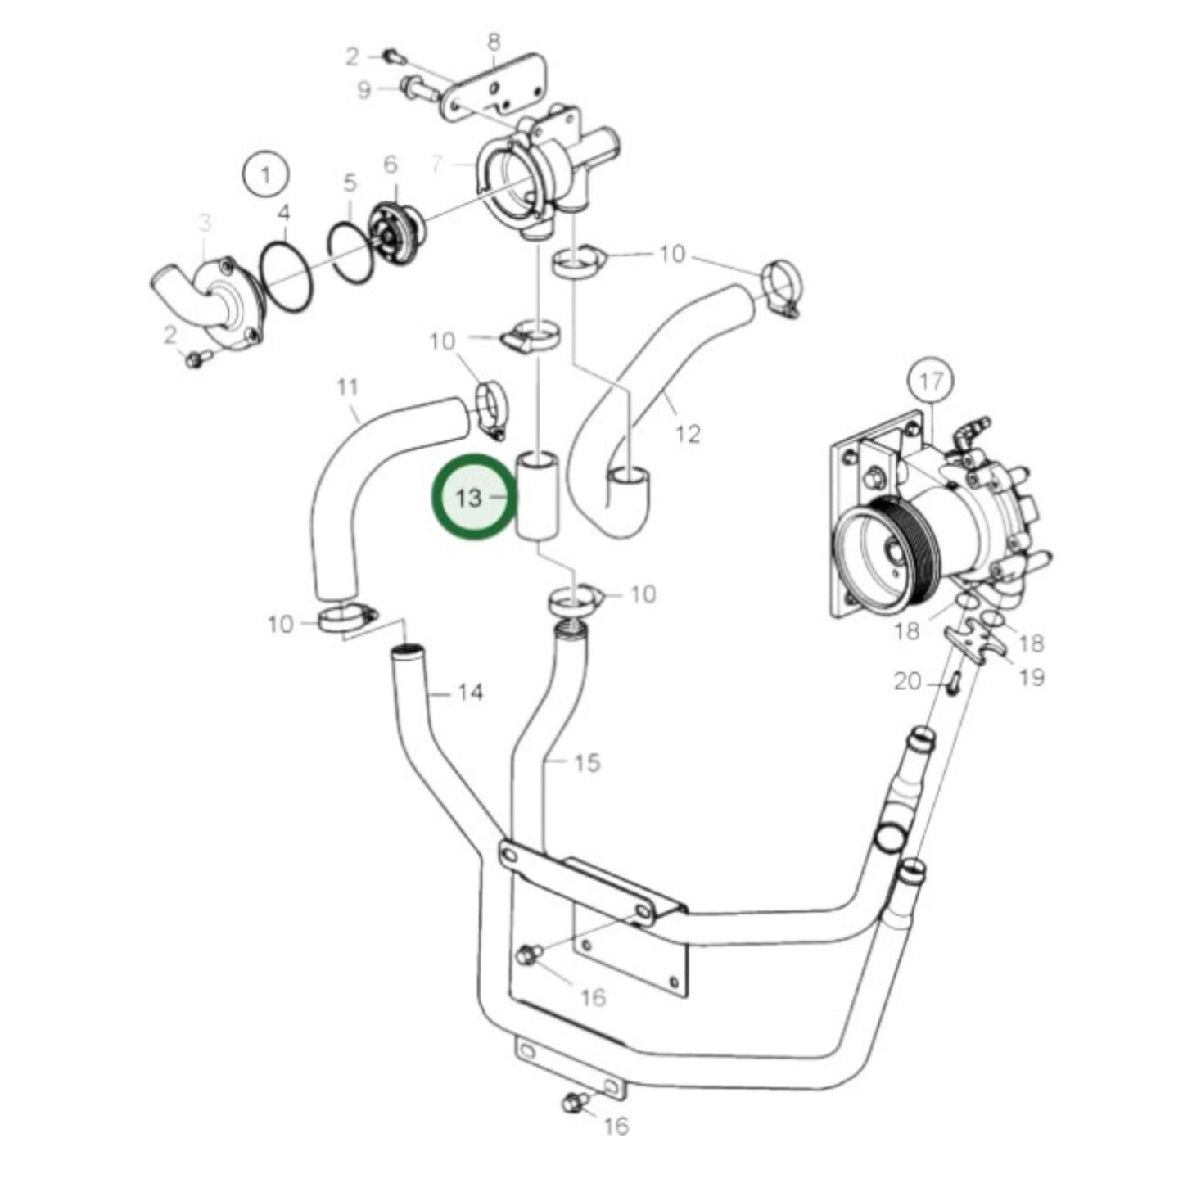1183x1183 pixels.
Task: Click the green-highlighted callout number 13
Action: [x=469, y=497]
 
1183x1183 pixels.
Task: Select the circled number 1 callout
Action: [x=265, y=174]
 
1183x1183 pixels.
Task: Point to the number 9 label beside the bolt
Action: [x=365, y=89]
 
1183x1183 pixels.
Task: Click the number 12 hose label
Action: [x=689, y=433]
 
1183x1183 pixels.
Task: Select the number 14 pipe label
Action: [x=470, y=693]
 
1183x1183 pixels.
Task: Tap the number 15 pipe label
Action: [x=586, y=763]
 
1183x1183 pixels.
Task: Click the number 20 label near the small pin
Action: [x=907, y=680]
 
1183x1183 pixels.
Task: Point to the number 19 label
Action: [x=1032, y=677]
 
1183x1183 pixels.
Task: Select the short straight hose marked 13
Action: [x=539, y=497]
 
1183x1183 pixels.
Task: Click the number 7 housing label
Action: [x=438, y=165]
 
